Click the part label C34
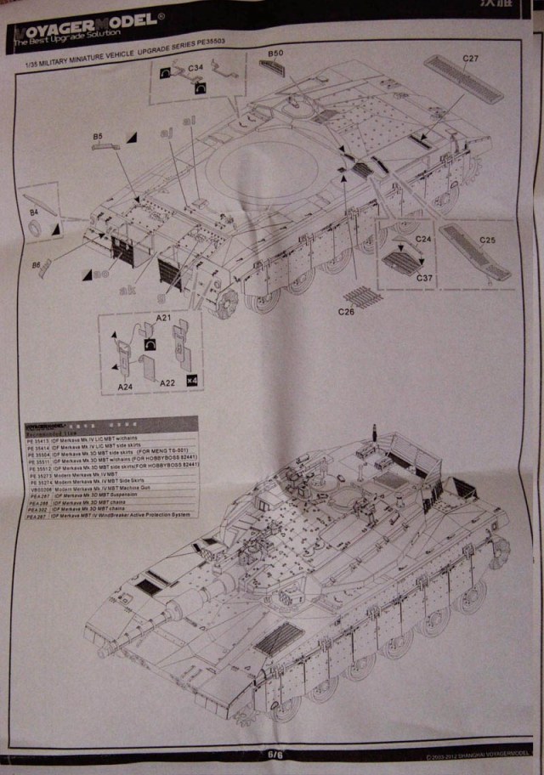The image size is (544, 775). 195,66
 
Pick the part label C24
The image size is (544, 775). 424,239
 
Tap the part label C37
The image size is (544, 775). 425,277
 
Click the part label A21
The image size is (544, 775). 164,319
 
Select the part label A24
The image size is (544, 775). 127,386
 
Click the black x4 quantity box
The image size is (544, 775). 191,379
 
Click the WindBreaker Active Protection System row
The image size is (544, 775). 119,516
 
